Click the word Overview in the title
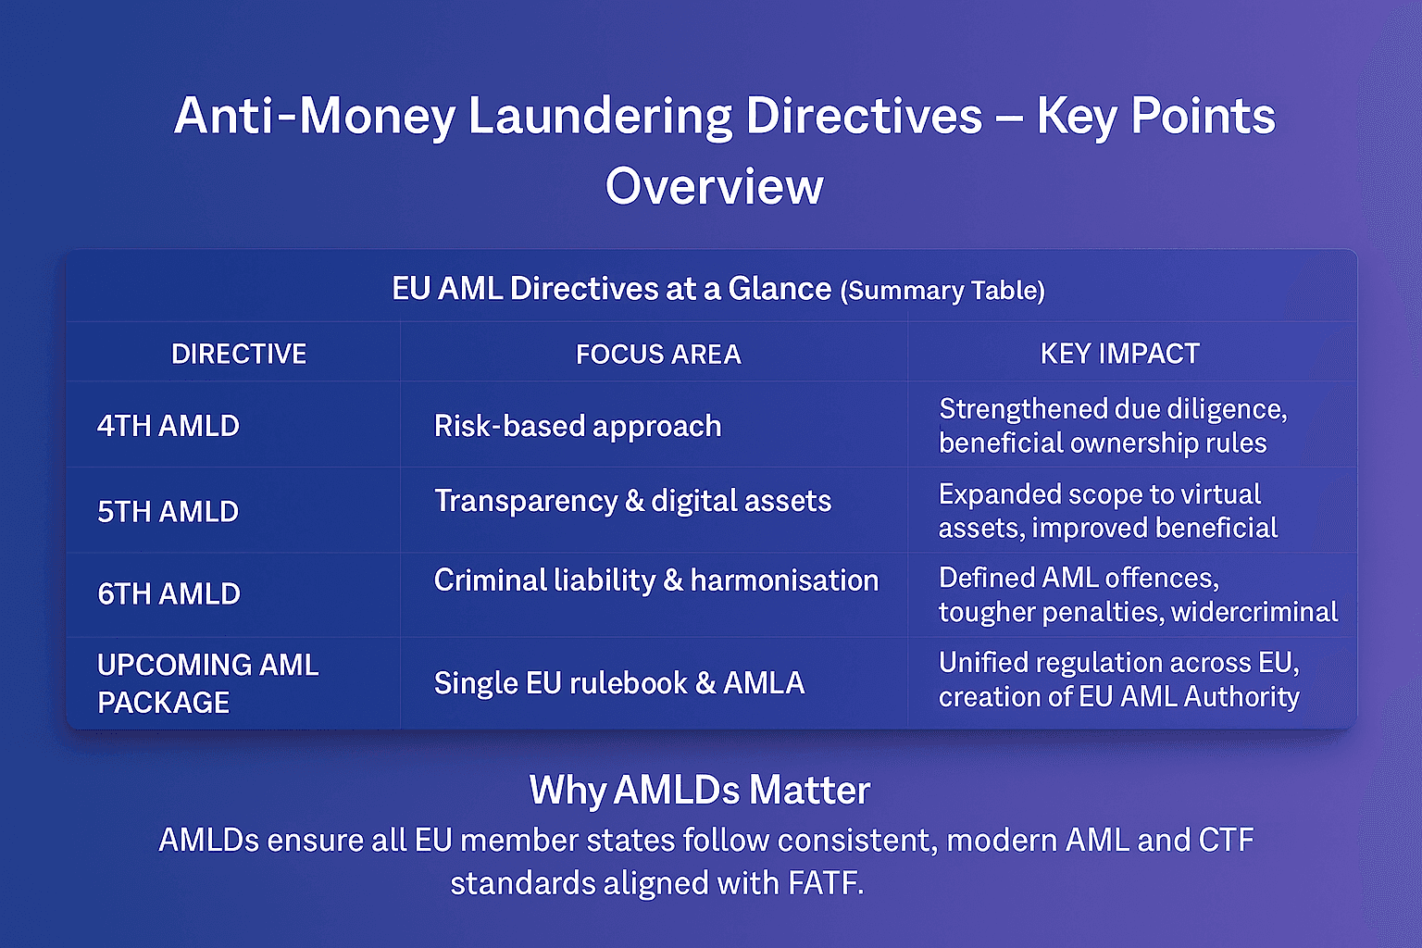[714, 186]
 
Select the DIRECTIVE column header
[239, 354]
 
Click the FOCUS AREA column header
[658, 354]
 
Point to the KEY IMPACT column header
[1119, 354]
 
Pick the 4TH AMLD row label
[168, 426]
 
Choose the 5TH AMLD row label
[168, 511]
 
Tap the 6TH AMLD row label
[169, 593]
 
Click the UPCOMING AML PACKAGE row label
[207, 683]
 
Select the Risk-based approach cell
[578, 426]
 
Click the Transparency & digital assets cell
[632, 501]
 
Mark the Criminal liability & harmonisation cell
[655, 580]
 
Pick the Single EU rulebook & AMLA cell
[618, 683]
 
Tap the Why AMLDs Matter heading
[700, 791]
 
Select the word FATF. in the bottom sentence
[826, 883]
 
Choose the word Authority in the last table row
[1241, 696]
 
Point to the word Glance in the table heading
[780, 289]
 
